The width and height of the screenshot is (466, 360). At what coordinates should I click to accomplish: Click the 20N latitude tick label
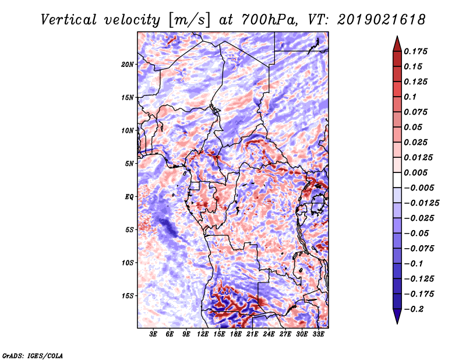pos(128,64)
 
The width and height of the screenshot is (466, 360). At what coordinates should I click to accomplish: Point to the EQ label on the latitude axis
pos(129,196)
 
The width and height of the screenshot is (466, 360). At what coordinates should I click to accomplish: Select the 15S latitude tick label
pos(128,295)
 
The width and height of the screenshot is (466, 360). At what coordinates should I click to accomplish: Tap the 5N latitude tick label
pos(129,163)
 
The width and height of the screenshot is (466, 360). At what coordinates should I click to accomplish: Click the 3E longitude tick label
pos(153,334)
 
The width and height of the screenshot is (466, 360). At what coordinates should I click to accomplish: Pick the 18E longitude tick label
pos(236,334)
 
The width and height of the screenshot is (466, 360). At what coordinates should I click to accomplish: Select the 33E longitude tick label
pos(319,334)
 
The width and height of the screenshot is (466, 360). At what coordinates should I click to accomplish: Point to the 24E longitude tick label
pos(269,334)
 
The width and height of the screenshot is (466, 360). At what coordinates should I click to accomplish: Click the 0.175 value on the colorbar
pos(417,51)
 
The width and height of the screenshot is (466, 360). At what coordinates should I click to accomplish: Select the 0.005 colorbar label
pos(417,172)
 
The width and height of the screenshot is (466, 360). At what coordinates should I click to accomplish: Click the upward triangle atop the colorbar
pos(396,42)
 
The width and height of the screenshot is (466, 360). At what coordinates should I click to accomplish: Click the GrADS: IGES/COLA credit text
pos(33,355)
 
